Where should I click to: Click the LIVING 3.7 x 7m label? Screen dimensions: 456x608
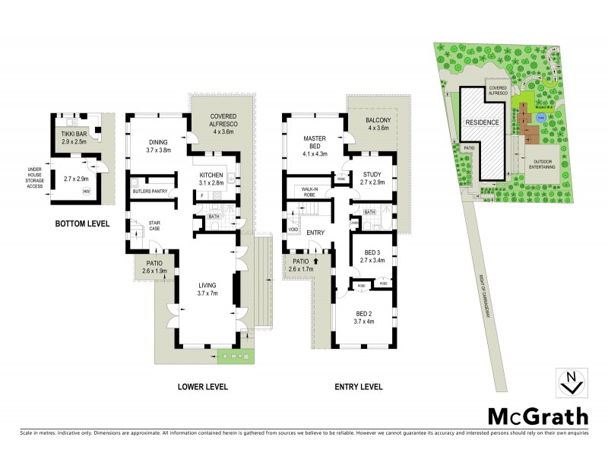[x=207, y=288]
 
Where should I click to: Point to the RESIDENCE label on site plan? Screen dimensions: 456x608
[x=482, y=122]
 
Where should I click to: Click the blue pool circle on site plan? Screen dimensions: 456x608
[x=540, y=119]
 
